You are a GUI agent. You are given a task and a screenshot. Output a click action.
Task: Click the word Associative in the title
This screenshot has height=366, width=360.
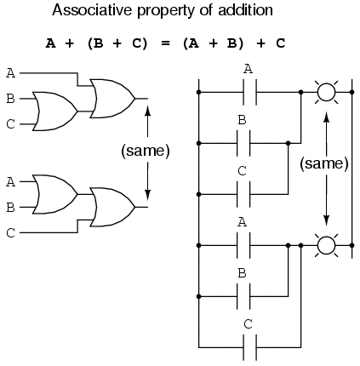[x=92, y=10]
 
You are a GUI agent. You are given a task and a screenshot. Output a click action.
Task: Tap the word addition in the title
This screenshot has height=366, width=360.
[x=245, y=10]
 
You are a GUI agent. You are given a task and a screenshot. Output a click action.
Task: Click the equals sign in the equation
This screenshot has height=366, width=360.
[x=165, y=43]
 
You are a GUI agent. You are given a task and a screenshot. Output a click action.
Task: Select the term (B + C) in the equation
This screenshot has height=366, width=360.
[x=117, y=43]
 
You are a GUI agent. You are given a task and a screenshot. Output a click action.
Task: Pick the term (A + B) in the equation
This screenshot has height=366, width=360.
[x=213, y=43]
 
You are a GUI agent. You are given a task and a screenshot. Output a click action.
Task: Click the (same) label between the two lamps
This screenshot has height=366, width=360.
[x=324, y=163]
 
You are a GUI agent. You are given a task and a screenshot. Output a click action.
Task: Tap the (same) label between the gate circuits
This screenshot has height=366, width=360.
[x=146, y=151]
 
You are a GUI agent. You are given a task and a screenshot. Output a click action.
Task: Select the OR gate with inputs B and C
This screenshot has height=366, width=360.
[x=54, y=112]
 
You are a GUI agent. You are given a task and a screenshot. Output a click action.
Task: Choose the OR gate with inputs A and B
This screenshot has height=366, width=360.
[x=54, y=194]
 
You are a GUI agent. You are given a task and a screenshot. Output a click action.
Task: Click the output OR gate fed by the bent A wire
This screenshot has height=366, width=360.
[x=112, y=99]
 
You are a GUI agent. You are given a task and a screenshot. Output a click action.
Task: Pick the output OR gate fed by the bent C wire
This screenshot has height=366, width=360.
[x=112, y=207]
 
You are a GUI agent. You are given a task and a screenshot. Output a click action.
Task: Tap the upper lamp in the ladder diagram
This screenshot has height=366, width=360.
[x=326, y=92]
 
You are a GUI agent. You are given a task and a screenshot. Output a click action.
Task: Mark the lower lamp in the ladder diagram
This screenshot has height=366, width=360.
[x=326, y=245]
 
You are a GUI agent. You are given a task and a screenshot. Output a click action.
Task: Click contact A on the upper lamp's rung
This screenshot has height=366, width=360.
[x=250, y=92]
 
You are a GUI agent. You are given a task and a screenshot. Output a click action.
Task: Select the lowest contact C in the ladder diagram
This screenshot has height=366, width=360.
[x=250, y=347]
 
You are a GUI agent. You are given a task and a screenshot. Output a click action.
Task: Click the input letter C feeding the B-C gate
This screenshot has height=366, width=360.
[x=10, y=124]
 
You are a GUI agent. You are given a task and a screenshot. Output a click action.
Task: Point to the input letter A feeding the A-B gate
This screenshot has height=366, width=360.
[x=10, y=182]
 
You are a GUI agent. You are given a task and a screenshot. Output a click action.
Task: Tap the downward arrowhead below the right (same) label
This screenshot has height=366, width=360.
[x=326, y=220]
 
